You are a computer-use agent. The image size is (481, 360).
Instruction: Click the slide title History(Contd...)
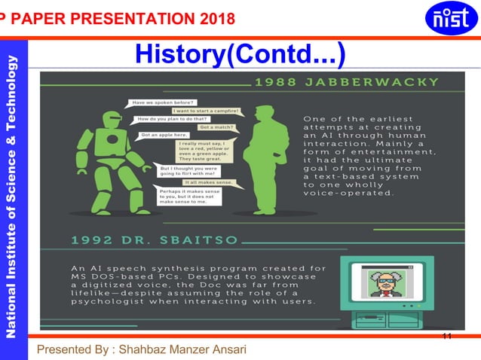pos(240,53)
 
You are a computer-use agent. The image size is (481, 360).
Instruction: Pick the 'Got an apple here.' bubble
pos(164,136)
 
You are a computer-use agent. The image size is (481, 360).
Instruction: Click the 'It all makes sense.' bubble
pos(212,182)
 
